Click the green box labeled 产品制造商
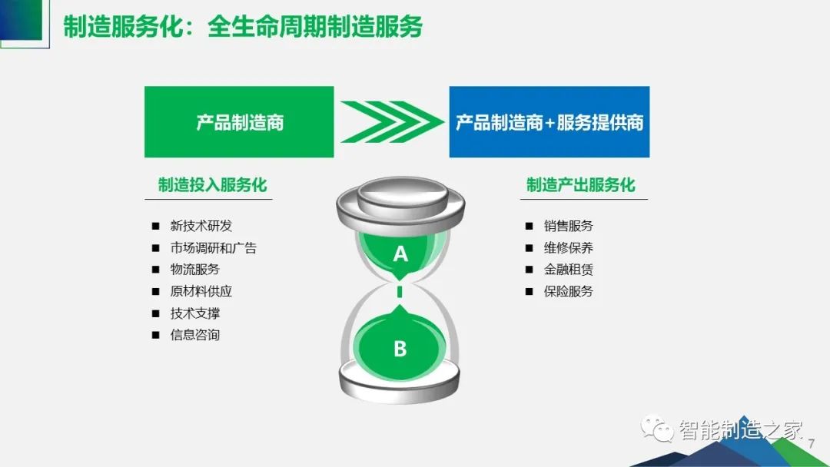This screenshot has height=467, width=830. click(239, 121)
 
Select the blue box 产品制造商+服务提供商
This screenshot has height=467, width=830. click(549, 121)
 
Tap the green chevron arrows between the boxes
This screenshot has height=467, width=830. click(392, 121)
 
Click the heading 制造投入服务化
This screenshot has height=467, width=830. click(212, 184)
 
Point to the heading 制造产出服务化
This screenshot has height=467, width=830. click(581, 184)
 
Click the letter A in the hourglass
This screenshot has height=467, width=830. click(400, 254)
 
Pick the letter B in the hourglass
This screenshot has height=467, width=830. click(400, 349)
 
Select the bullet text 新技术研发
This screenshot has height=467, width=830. click(201, 226)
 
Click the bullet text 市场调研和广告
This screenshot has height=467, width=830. click(214, 247)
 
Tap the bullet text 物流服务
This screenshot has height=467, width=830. click(194, 269)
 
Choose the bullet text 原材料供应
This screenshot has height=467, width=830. click(201, 291)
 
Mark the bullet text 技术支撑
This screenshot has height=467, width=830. click(194, 313)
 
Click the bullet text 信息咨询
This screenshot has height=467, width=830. click(194, 335)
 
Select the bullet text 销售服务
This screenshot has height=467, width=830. click(569, 226)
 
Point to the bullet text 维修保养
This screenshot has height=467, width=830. click(569, 247)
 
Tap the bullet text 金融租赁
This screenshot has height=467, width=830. click(569, 269)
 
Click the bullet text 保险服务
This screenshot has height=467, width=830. click(569, 291)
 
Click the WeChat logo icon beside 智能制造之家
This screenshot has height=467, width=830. click(657, 429)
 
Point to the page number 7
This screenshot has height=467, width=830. click(811, 444)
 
